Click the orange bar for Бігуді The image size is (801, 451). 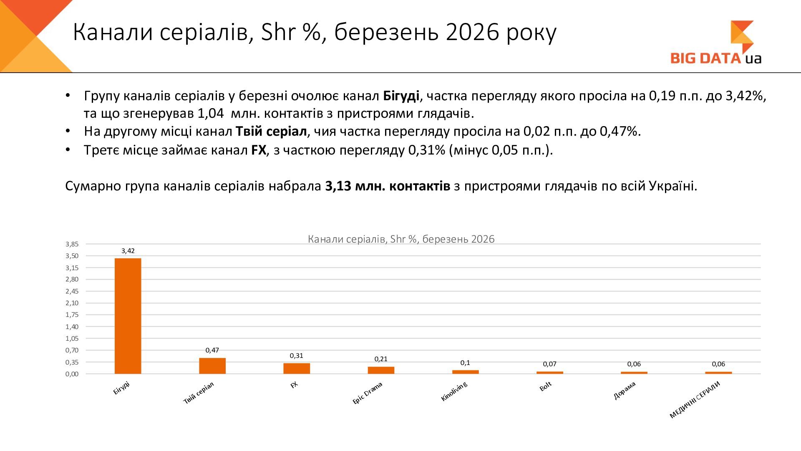[128, 316]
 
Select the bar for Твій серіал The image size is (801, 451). [212, 366]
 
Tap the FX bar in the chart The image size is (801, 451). [297, 368]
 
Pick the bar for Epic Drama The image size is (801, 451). [381, 370]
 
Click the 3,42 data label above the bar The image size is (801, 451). [128, 251]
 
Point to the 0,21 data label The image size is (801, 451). [381, 359]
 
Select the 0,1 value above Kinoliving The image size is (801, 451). [465, 363]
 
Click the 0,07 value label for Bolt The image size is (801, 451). [549, 364]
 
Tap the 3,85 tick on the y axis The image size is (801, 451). [72, 244]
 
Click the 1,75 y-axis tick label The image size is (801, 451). [72, 315]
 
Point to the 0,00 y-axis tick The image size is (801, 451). [72, 374]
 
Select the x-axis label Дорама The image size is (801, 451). [625, 390]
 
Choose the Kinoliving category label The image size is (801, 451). [454, 392]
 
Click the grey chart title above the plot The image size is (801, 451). [401, 239]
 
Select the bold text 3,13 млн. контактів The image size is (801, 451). [388, 186]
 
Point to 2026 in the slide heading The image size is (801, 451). [472, 32]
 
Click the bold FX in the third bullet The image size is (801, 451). [259, 150]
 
